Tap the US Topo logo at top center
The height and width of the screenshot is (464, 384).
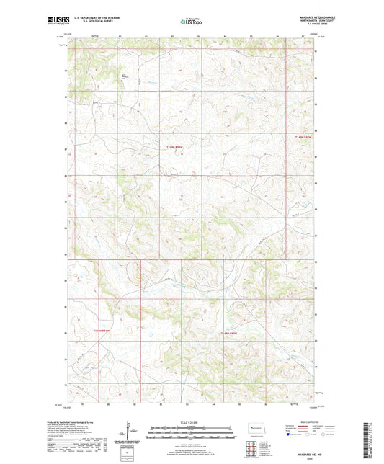coord(191,22)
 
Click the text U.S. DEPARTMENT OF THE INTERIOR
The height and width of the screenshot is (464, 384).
coord(92,18)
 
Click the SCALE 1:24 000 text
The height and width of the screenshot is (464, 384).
coord(191,422)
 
